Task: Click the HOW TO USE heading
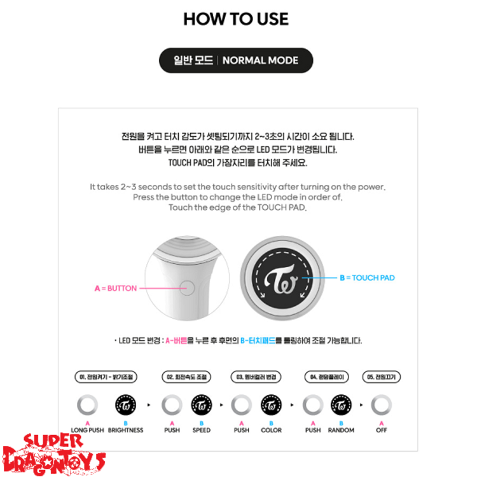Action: coord(236,19)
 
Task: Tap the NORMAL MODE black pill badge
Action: coord(236,61)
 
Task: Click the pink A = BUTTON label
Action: coord(115,288)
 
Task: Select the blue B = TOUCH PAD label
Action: coord(367,278)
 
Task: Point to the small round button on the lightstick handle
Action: coord(188,288)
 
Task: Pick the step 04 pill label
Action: coord(326,377)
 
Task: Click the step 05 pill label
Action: coord(382,377)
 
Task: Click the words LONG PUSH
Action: coord(88,430)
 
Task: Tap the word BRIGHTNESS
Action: coord(125,430)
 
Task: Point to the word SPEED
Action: coord(201,430)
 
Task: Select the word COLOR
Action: coord(271,430)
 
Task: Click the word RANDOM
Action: coord(341,430)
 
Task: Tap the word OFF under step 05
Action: coord(382,430)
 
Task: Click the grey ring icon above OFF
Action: coord(382,404)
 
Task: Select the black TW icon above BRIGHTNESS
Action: coord(125,404)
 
